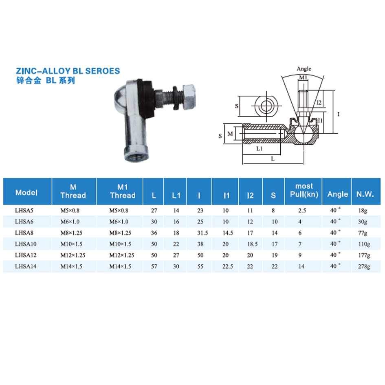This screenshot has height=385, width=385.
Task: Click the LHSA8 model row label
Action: pos(24,233)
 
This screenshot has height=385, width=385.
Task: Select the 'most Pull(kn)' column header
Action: pos(304,190)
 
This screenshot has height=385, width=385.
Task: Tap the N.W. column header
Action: pos(365,194)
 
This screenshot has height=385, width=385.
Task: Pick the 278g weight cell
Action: pos(364,267)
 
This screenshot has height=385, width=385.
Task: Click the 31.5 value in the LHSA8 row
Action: pos(202,233)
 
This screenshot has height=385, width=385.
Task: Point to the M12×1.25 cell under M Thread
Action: pos(73,255)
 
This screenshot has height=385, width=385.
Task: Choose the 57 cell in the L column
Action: pos(154,266)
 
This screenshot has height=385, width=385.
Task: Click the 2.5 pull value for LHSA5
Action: pos(302,210)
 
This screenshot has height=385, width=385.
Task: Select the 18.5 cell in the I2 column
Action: pos(252,244)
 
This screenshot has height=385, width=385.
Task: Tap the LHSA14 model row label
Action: pos(26,266)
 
